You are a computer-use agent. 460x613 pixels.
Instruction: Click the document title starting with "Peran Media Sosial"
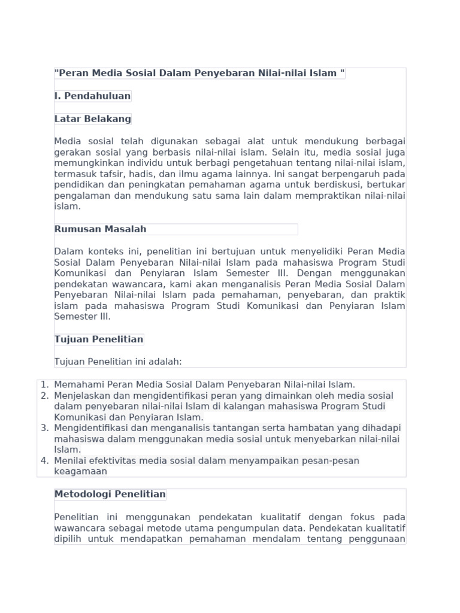(199, 74)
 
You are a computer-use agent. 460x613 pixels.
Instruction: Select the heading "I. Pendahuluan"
(92, 96)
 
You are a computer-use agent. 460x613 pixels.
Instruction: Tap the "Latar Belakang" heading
(92, 119)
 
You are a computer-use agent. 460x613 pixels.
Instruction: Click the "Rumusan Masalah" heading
(100, 229)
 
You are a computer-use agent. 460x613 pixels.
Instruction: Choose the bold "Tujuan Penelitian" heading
(99, 339)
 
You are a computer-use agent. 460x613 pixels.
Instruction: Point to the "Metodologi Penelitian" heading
(110, 494)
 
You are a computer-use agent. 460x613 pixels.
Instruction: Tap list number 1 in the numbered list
(44, 384)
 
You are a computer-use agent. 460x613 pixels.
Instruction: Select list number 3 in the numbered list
(44, 428)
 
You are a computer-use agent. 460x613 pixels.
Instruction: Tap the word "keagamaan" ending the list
(80, 471)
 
